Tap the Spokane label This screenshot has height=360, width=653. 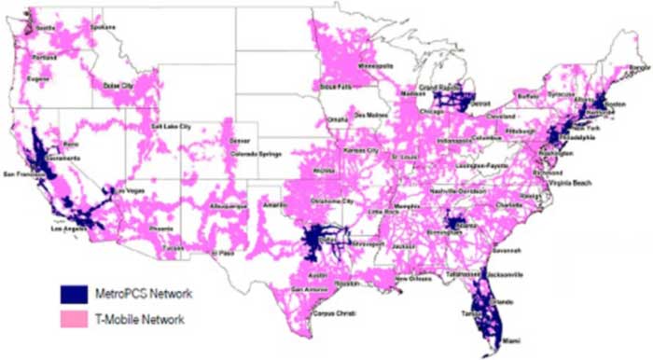point(104,27)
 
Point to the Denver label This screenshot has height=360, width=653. point(240,140)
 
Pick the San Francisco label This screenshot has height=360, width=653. point(24,174)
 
